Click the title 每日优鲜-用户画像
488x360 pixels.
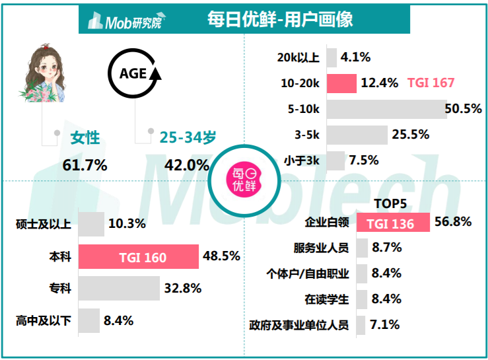pyautogui.click(x=280, y=19)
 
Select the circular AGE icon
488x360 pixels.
pyautogui.click(x=134, y=74)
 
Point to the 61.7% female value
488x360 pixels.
pyautogui.click(x=85, y=165)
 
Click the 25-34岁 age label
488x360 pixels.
pyautogui.click(x=188, y=137)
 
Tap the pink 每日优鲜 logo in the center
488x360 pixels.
pyautogui.click(x=244, y=180)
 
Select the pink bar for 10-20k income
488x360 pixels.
pyautogui.click(x=341, y=83)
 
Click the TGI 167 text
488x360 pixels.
pyautogui.click(x=431, y=83)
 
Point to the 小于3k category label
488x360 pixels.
pyautogui.click(x=302, y=161)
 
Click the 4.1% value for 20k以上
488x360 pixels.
pyautogui.click(x=355, y=57)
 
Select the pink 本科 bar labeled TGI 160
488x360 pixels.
pyautogui.click(x=139, y=256)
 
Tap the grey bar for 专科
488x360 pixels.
pyautogui.click(x=119, y=289)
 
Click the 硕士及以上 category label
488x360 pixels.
pyautogui.click(x=42, y=224)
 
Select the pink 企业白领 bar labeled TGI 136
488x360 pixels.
pyautogui.click(x=394, y=223)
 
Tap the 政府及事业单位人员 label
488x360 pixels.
pyautogui.click(x=299, y=325)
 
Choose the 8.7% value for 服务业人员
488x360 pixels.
pyautogui.click(x=386, y=248)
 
